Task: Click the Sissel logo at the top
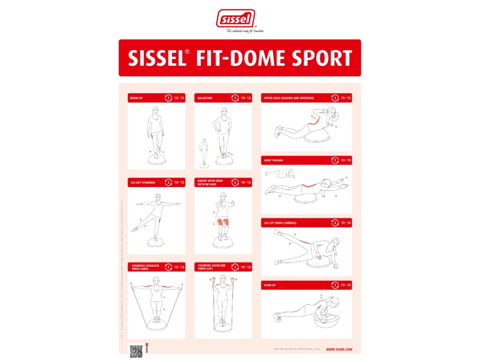(x=236, y=19)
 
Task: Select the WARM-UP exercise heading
(x=137, y=98)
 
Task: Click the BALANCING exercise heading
(x=205, y=98)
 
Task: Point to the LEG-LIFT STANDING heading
(x=142, y=182)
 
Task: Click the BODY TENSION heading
(x=274, y=160)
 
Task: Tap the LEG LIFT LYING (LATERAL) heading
(x=280, y=223)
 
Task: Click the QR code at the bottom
(x=136, y=350)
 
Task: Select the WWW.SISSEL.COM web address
(x=339, y=349)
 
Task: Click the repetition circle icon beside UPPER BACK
(x=335, y=98)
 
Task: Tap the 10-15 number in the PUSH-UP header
(x=346, y=285)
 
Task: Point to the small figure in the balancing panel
(x=204, y=150)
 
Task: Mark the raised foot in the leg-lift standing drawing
(x=135, y=230)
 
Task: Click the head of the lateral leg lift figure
(x=336, y=242)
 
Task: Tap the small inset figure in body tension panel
(x=278, y=175)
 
